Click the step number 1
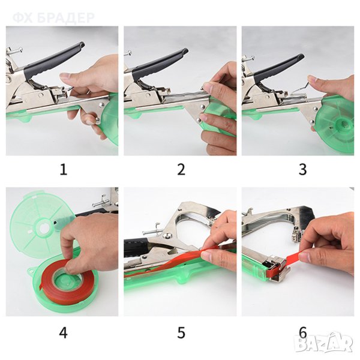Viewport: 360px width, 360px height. [x=64, y=170]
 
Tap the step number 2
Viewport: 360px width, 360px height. [x=181, y=170]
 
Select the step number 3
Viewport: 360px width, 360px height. [x=302, y=170]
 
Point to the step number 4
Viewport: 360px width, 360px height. [x=64, y=332]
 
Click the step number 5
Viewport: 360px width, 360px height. [x=181, y=332]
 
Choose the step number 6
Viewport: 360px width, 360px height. [x=302, y=332]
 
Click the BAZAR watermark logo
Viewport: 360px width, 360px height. [x=324, y=343]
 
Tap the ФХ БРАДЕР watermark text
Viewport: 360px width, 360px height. [x=53, y=18]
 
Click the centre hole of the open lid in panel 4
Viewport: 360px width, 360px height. [x=44, y=228]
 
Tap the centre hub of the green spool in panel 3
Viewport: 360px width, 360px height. [x=343, y=125]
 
